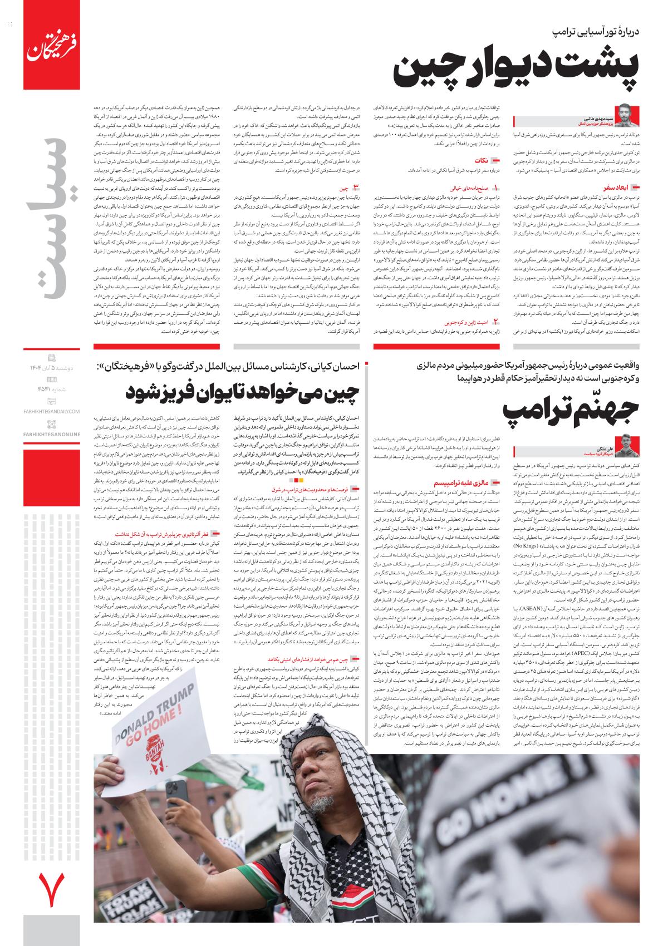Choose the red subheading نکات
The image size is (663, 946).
point(482,161)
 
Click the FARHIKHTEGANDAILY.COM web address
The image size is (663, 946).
point(52,411)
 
